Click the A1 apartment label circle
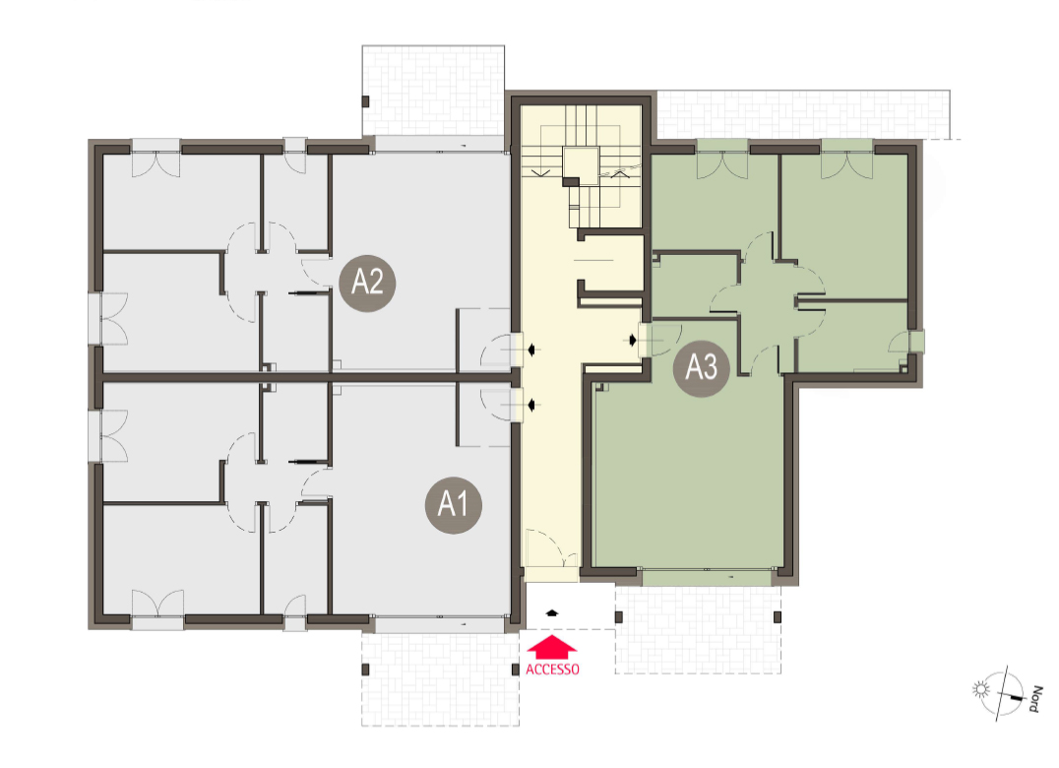coord(453,504)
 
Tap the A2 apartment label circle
coord(367,283)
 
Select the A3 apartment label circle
coord(701,368)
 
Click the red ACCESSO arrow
coord(552,647)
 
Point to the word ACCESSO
coord(552,670)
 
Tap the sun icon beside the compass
coord(980,689)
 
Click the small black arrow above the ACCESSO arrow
coord(552,613)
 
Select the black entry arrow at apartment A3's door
coord(632,340)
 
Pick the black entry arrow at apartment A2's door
coord(532,350)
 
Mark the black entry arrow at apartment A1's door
coord(532,406)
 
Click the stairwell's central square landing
coord(580,165)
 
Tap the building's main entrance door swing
coord(551,547)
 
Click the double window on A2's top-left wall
coord(156,160)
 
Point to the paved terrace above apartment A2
coord(433,91)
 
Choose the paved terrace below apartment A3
coord(698,629)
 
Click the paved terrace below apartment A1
coord(440,678)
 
